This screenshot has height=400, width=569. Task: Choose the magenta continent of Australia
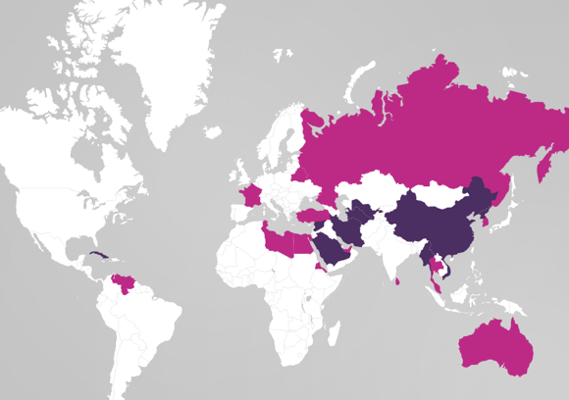[494, 343]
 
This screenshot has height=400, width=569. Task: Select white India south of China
[392, 250]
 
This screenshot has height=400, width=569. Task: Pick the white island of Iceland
[213, 131]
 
